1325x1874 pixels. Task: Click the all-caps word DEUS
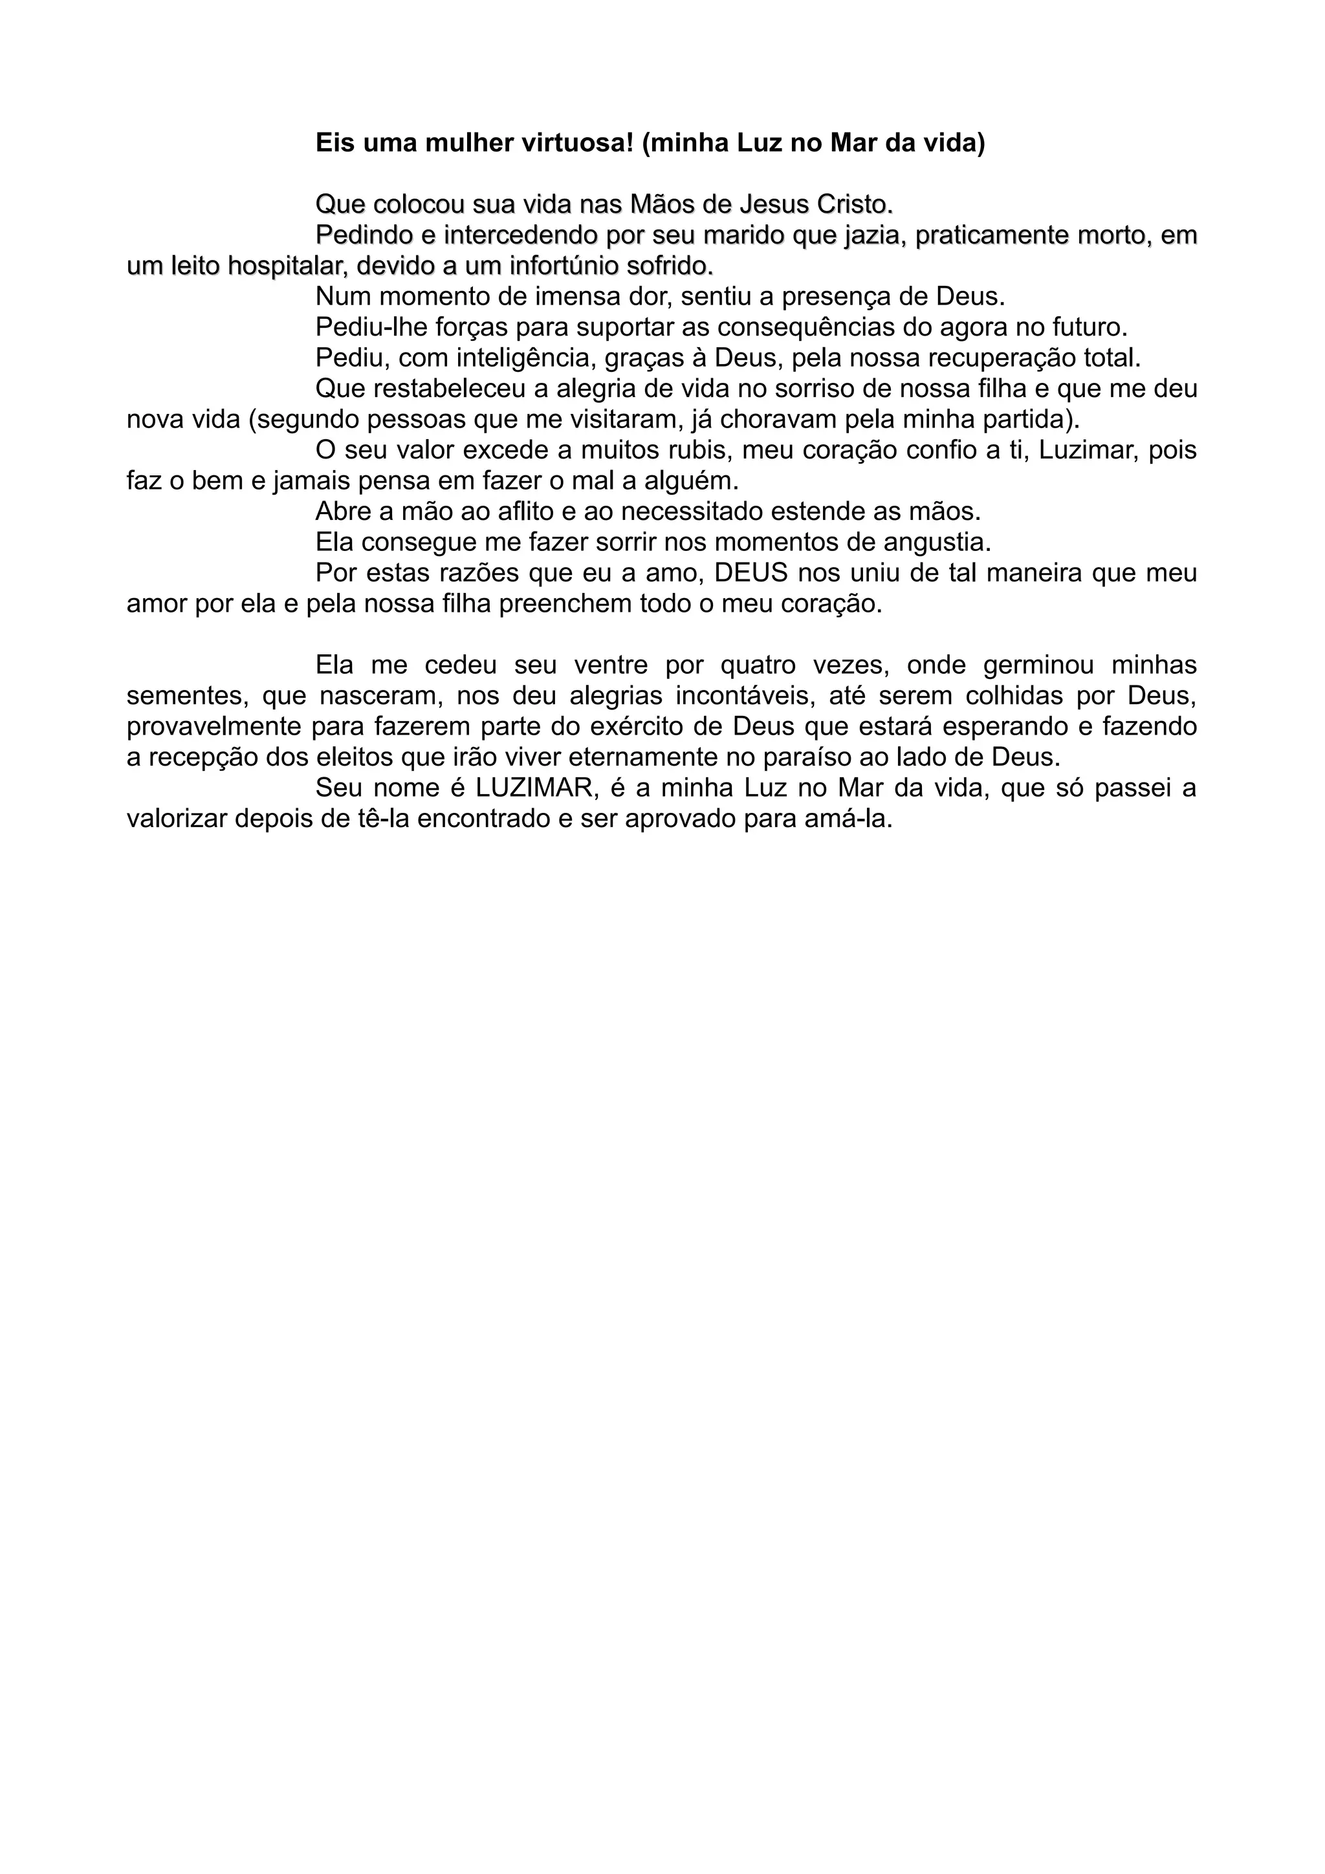751,573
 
